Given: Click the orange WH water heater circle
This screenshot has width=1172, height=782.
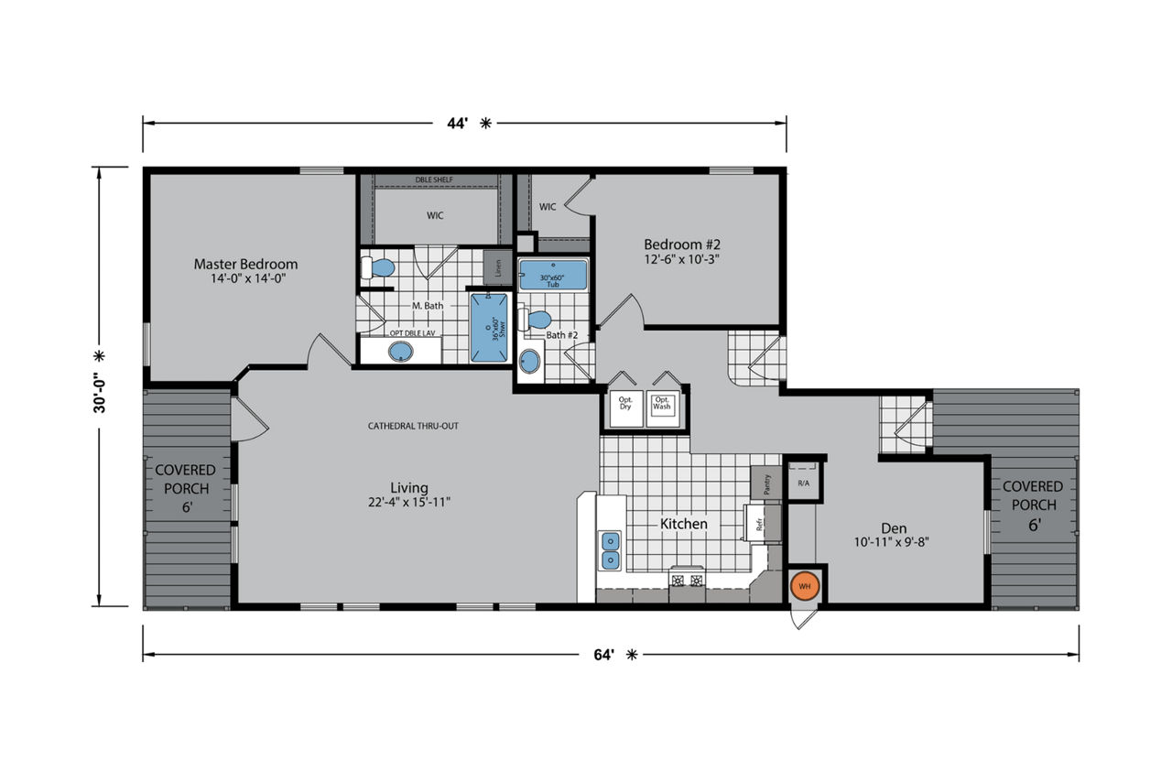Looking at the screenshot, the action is coord(805,586).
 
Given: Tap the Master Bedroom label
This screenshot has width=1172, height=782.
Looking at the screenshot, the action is coord(246,265).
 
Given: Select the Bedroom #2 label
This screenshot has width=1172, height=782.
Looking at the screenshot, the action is coord(682,244).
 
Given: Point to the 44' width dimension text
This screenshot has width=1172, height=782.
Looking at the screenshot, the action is coord(457,124).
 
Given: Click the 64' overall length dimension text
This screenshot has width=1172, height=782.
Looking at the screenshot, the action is coord(603,655).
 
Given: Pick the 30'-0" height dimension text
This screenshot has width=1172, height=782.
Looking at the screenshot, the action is coord(100,393).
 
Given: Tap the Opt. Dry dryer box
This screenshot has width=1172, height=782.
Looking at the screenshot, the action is coord(626,408).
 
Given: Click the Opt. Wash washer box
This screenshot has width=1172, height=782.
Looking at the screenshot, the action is coord(663,408).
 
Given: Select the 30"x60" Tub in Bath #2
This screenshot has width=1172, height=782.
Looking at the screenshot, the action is coord(553,275).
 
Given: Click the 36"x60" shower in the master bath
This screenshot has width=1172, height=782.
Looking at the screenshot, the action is coord(489,328).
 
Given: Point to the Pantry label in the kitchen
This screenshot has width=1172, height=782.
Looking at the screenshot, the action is coord(766,483).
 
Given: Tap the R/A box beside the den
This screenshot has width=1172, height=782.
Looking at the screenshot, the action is coord(804,482).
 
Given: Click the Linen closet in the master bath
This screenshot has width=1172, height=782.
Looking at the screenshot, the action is coord(497,268).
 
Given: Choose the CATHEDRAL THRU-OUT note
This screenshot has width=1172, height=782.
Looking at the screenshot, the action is coord(413,426).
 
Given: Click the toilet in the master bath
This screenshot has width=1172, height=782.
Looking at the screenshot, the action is coord(377,268).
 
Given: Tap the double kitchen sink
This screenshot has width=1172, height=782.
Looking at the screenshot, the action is coord(610,550).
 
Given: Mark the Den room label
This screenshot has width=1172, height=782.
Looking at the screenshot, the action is coord(894,528).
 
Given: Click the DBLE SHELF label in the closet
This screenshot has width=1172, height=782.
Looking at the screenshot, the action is coord(434,180).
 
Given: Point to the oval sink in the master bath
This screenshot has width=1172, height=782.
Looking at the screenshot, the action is coord(401,352).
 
